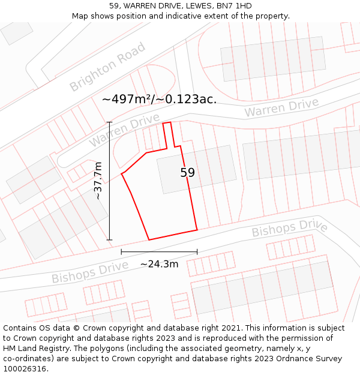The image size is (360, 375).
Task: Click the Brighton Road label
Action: [107, 67]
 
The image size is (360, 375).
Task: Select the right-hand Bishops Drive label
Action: [289, 228]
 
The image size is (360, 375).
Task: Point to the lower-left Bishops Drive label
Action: [90, 272]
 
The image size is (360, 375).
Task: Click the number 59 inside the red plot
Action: [188, 173]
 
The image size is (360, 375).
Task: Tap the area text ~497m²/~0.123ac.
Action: [159, 99]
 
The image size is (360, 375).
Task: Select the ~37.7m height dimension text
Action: [98, 181]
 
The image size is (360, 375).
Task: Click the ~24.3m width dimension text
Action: [159, 264]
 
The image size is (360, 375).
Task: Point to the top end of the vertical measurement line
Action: [110, 122]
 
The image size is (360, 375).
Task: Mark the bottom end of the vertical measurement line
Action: [110, 240]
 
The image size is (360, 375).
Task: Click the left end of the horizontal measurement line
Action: [121, 252]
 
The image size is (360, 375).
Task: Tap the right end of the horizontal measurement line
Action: [197, 252]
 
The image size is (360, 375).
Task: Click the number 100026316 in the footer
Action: [25, 368]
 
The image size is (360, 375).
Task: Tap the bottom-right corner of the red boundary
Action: [197, 230]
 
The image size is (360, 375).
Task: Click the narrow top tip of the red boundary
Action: [167, 123]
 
